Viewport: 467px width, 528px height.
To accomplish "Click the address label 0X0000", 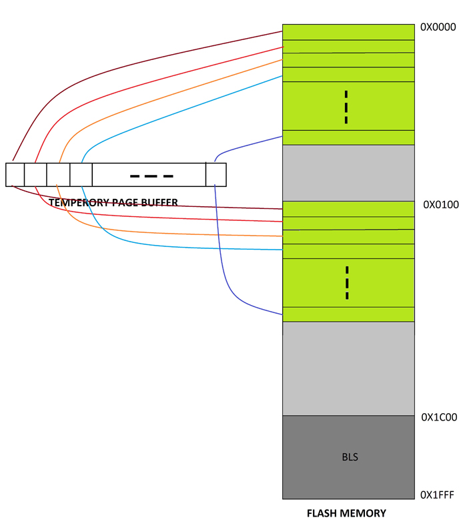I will [438, 27].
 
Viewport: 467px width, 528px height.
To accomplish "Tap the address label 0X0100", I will [441, 205].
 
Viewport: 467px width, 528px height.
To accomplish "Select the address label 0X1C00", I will [439, 417].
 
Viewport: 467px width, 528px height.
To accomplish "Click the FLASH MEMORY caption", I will [346, 513].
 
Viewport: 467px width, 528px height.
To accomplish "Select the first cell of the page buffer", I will [15, 174].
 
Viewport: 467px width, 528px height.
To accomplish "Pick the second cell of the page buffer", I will [35, 174].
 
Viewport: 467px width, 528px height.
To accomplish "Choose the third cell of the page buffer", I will [58, 174].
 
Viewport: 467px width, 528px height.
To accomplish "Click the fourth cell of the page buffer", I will [81, 174].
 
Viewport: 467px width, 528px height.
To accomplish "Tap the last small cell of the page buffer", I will [215, 174].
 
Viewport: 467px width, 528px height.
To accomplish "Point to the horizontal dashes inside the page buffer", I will [151, 176].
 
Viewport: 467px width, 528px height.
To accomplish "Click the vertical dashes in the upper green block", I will [346, 107].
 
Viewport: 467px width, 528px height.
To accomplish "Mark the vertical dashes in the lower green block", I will [347, 282].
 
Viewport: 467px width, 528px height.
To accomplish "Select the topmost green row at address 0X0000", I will [348, 32].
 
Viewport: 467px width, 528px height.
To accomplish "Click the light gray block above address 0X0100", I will [348, 172].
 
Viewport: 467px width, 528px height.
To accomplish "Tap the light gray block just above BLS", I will [348, 368].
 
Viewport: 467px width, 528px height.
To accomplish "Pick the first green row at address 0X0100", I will [348, 208].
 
